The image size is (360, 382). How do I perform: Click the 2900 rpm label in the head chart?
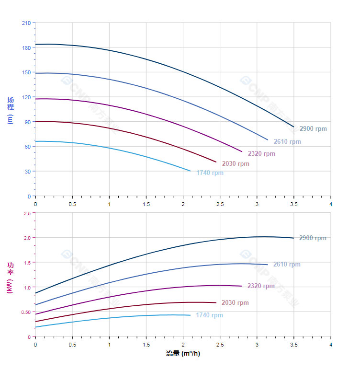(313, 128)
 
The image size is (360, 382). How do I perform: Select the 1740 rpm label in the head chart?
(210, 173)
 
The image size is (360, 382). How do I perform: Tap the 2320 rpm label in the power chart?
(261, 286)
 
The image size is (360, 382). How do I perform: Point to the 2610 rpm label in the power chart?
(287, 264)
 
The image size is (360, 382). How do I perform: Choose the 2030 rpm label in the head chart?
(236, 163)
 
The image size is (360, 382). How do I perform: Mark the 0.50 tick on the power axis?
(26, 312)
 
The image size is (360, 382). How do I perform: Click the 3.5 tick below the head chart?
(294, 204)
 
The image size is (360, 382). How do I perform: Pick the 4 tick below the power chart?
(331, 345)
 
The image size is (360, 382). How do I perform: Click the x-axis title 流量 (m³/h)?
(183, 354)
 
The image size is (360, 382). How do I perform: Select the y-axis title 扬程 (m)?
(11, 110)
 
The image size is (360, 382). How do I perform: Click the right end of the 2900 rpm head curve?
(293, 127)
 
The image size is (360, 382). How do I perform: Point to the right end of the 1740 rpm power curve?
(191, 315)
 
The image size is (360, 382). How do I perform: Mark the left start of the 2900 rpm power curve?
(35, 293)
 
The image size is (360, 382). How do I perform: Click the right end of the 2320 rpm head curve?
(242, 151)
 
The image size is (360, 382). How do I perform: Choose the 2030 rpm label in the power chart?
(235, 302)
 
